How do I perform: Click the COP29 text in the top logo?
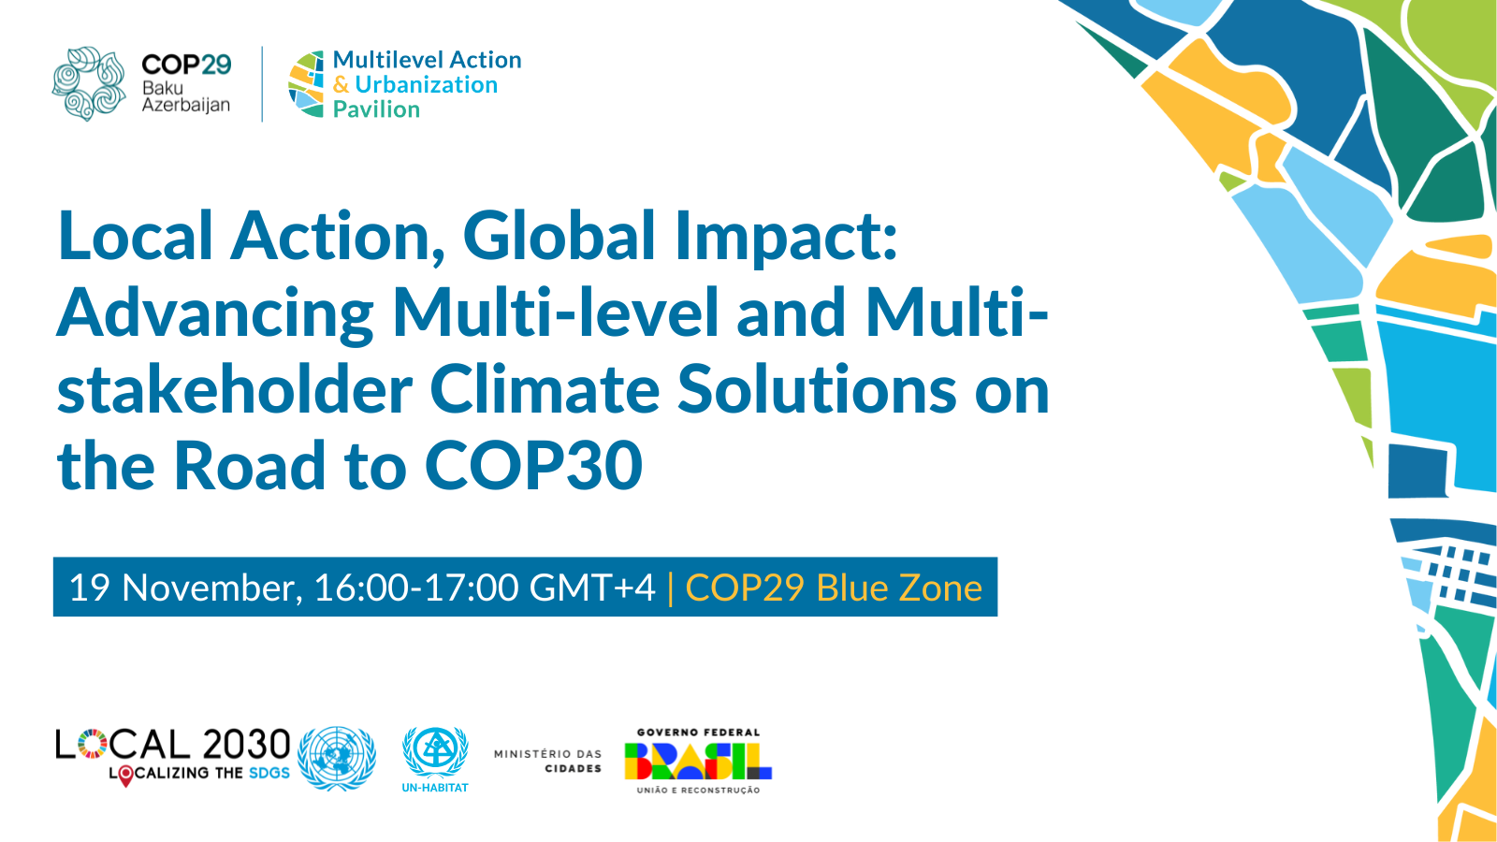tap(186, 65)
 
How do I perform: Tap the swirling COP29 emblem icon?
tap(89, 83)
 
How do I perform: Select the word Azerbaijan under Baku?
tap(186, 105)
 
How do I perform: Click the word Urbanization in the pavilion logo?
tap(427, 85)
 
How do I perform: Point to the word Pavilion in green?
tap(376, 109)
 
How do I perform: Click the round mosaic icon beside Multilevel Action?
tap(306, 84)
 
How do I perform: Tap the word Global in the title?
tap(559, 236)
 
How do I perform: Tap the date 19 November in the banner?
tap(182, 588)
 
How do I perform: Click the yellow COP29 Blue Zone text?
tap(834, 588)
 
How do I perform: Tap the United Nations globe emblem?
tap(337, 759)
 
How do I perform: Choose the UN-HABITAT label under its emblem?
tap(435, 788)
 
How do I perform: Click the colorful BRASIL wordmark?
tap(698, 762)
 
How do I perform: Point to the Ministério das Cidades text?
tap(547, 762)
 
